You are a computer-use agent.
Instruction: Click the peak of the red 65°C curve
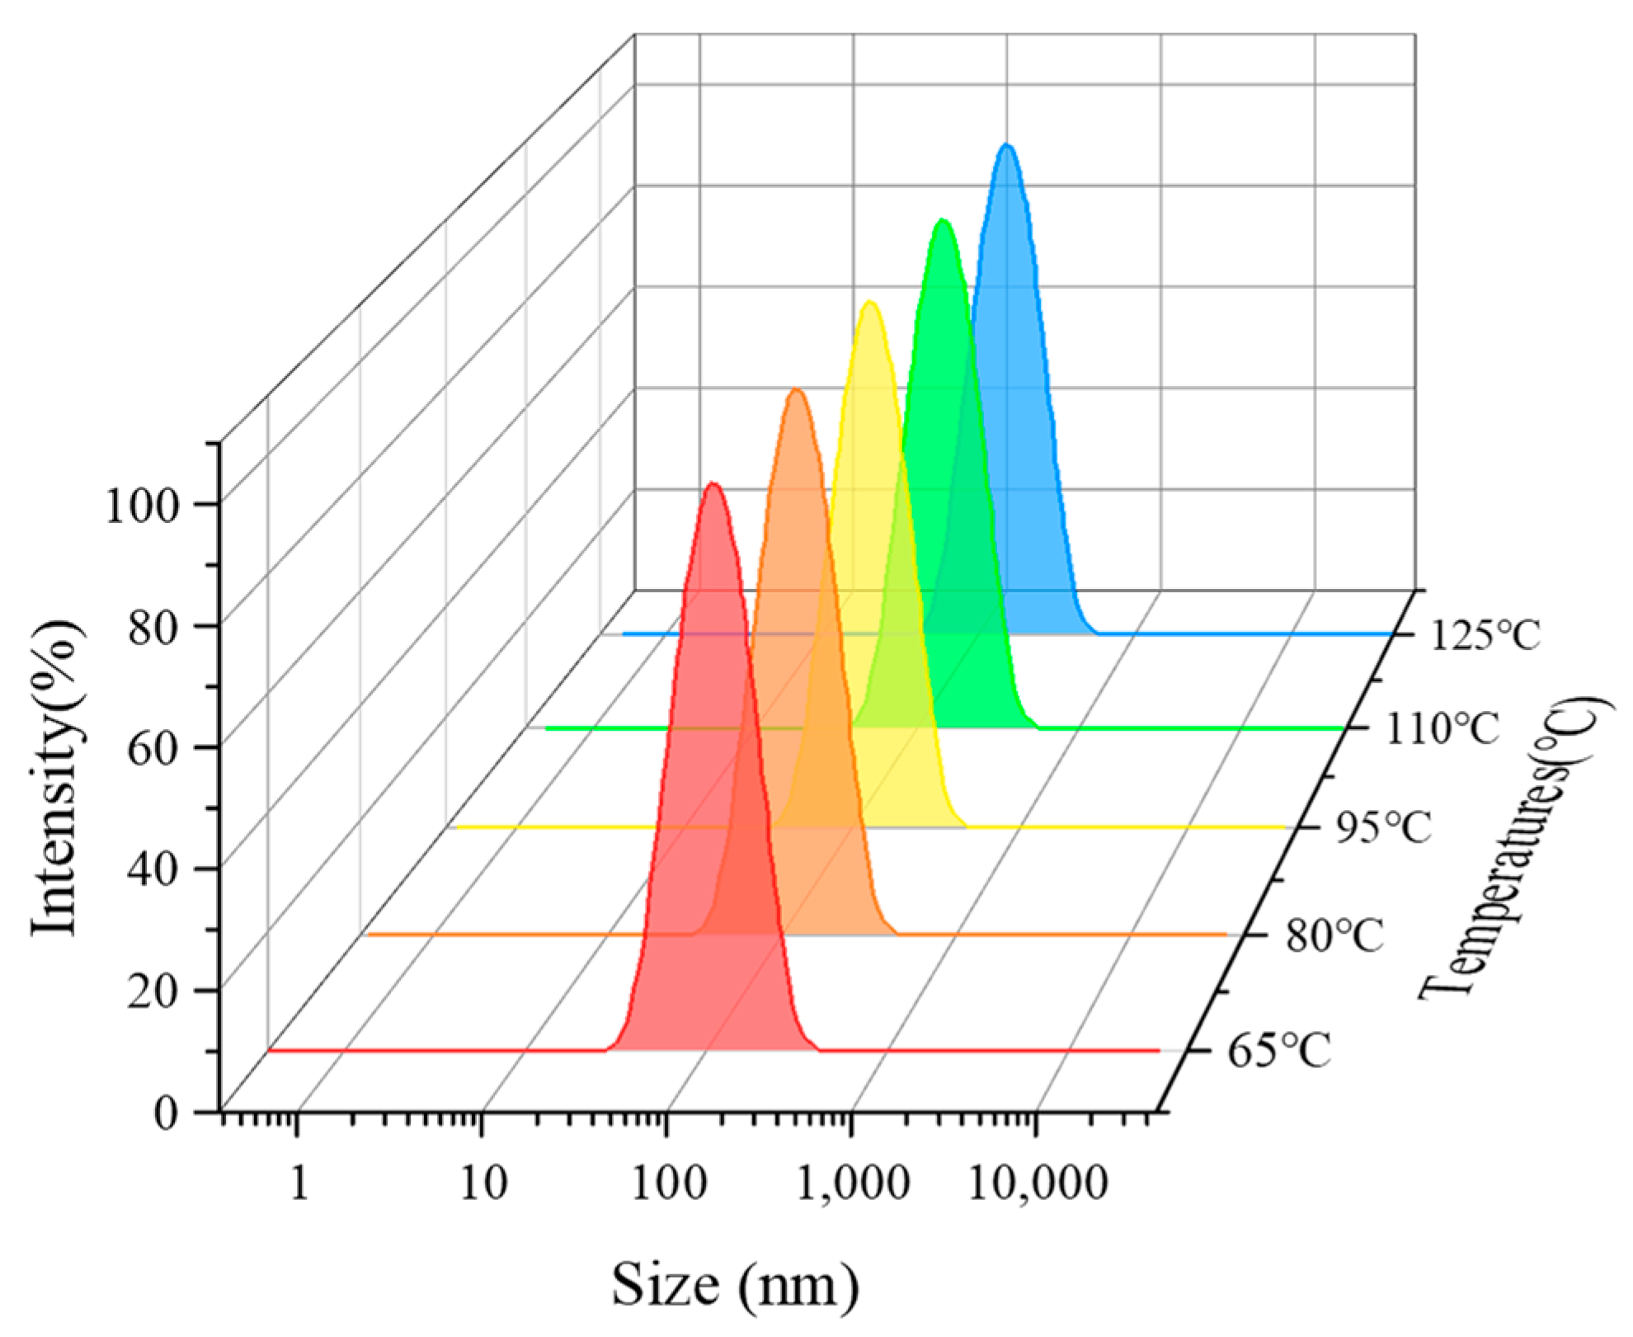pyautogui.click(x=713, y=484)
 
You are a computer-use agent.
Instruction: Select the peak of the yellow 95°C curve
pyautogui.click(x=869, y=303)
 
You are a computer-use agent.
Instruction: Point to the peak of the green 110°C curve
pyautogui.click(x=942, y=221)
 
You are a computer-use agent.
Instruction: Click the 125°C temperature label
pyautogui.click(x=1485, y=636)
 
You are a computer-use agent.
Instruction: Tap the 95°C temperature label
pyautogui.click(x=1383, y=828)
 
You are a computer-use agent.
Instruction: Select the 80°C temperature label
pyautogui.click(x=1334, y=936)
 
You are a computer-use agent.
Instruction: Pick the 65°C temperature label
pyautogui.click(x=1279, y=1052)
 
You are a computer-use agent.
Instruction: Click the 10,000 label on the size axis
pyautogui.click(x=1036, y=1184)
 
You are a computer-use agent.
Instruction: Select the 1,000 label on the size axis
pyautogui.click(x=853, y=1184)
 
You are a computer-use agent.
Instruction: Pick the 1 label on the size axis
pyautogui.click(x=299, y=1184)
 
